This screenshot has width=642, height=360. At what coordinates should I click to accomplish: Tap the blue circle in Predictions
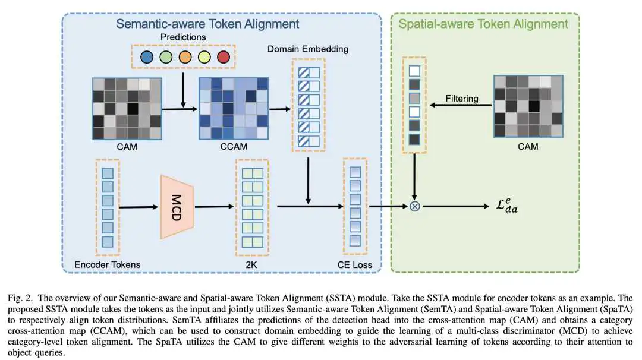click(146, 58)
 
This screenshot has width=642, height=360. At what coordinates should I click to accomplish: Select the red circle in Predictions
click(223, 58)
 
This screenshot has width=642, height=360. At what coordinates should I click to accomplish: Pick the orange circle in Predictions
click(184, 58)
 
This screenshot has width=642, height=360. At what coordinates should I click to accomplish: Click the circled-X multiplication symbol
click(415, 207)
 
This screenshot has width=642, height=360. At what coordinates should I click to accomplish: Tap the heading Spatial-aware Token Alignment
click(483, 24)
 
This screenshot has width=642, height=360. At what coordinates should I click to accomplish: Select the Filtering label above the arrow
click(461, 99)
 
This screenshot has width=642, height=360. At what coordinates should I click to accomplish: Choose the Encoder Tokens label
click(107, 264)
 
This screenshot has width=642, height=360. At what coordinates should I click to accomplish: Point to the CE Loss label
click(355, 264)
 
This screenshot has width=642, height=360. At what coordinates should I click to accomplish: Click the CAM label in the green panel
click(528, 146)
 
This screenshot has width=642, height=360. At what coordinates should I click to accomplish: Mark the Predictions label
click(184, 37)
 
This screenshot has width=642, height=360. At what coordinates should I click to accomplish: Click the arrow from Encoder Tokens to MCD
click(138, 207)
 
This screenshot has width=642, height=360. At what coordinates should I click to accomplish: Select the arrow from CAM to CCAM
click(180, 109)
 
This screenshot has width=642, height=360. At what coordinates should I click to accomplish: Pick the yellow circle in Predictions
click(203, 58)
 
